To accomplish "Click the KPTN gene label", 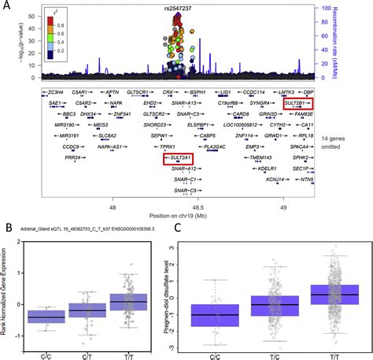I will click(x=113, y=92).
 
